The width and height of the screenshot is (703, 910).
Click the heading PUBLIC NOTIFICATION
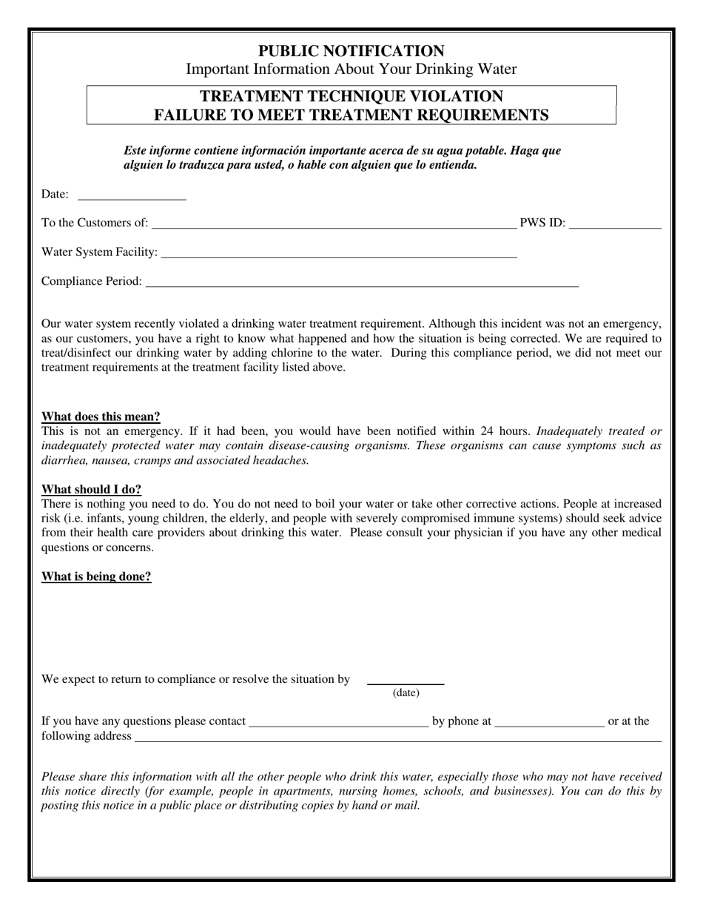point(351,51)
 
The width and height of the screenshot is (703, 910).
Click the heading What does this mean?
point(101,417)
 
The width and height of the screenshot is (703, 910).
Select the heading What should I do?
point(91,489)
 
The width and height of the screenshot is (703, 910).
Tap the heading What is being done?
point(96,576)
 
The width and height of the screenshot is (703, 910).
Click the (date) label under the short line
point(406,693)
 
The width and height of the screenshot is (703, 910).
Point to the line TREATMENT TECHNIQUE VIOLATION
point(351,96)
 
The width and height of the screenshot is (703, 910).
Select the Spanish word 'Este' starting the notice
point(137,150)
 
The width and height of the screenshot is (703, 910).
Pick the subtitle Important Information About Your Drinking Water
point(351,70)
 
